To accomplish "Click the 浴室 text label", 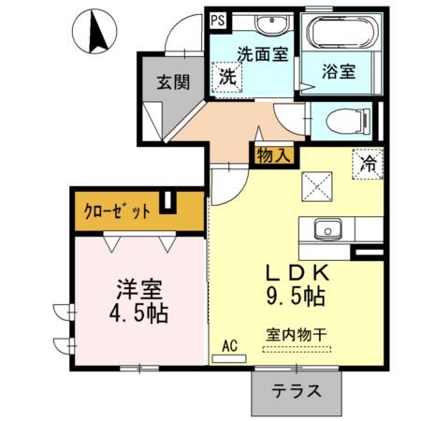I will (337, 69).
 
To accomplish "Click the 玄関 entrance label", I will (173, 81).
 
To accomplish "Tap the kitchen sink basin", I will (328, 229).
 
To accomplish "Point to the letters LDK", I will (295, 272).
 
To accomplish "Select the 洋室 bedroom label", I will (134, 286).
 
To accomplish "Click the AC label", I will (228, 345).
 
